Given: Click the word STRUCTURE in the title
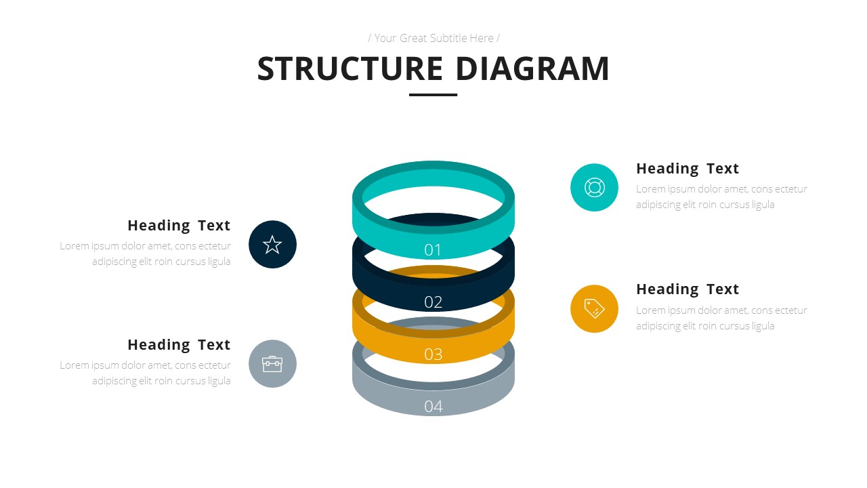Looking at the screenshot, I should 350,69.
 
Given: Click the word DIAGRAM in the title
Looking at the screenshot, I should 532,69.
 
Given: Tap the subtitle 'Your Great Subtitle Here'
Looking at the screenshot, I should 433,38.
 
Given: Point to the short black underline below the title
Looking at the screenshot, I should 433,95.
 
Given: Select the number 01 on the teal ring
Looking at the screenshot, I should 433,250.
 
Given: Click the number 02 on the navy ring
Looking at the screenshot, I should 433,302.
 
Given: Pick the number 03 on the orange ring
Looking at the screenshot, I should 433,354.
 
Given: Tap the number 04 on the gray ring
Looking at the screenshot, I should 433,406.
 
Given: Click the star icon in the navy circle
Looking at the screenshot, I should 272,245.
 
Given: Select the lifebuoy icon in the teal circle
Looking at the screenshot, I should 594,188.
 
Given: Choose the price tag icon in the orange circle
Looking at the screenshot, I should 594,309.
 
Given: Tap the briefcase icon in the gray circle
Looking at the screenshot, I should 272,364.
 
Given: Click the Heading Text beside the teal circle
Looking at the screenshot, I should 687,169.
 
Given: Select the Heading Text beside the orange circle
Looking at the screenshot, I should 687,289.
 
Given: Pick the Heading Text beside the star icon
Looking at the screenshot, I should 179,226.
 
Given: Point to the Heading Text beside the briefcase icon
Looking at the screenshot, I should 179,345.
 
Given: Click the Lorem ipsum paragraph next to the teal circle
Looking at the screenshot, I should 721,197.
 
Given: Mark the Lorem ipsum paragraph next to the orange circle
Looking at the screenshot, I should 721,318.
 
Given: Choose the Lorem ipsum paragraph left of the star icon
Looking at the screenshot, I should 146,253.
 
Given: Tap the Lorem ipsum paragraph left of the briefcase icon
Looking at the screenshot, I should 146,373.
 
